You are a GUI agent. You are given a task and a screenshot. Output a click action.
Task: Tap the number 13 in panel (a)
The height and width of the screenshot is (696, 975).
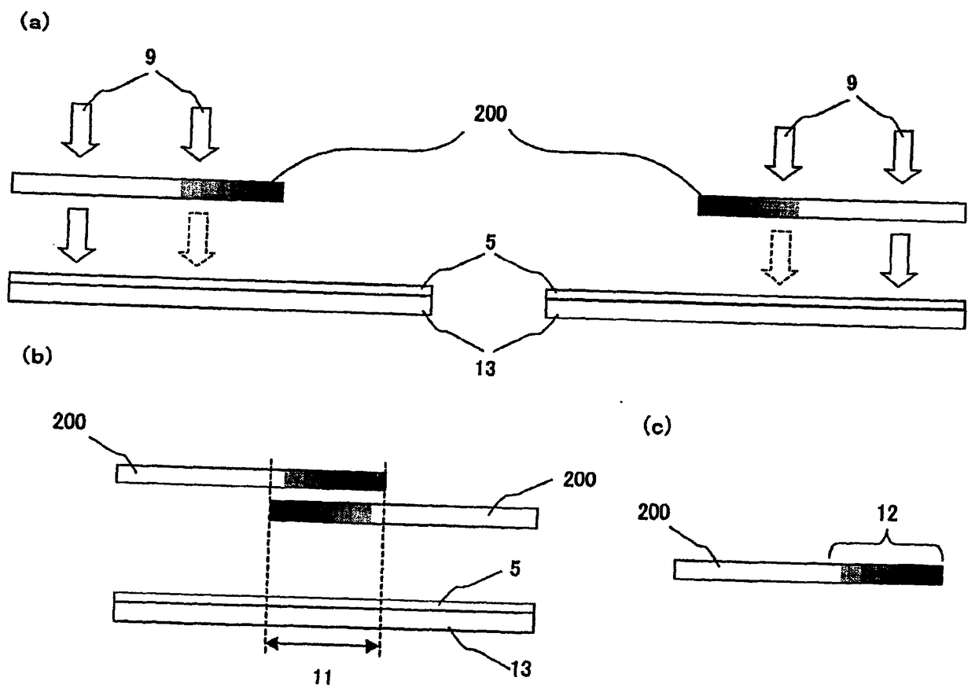(484, 366)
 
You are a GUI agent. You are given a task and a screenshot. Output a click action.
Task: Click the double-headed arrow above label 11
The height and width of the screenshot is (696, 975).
(323, 646)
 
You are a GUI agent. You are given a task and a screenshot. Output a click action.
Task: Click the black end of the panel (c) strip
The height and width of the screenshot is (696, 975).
(916, 575)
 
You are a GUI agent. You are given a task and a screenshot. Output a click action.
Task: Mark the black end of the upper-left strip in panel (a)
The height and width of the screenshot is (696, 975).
(257, 190)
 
